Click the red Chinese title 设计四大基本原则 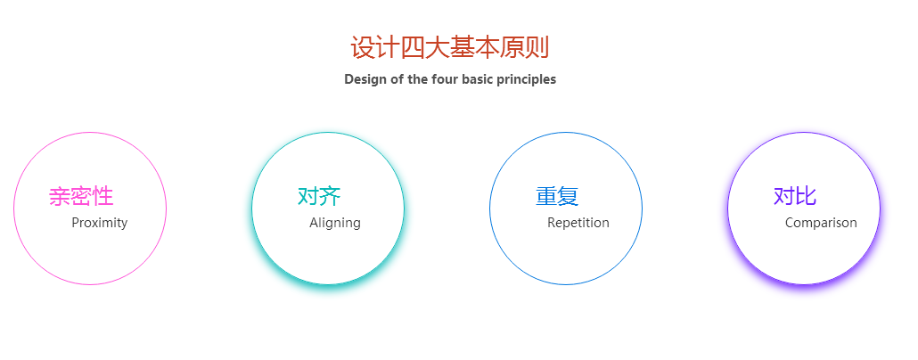[449, 47]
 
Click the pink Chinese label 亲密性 [81, 196]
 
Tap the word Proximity [100, 223]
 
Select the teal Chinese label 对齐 [319, 196]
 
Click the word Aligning [335, 223]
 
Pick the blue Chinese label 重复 [557, 196]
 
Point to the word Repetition [578, 223]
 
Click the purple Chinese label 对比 [795, 196]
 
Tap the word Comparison [821, 223]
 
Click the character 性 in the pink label [102, 196]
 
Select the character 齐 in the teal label [330, 196]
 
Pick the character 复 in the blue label [568, 196]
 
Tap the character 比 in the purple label [806, 196]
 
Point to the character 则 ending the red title [537, 47]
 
